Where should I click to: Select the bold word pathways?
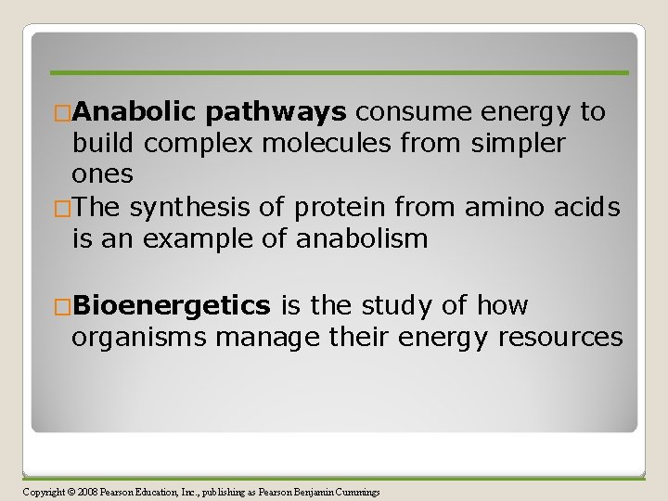[x=276, y=112]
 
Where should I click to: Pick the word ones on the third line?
[x=102, y=174]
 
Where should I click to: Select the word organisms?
[x=138, y=337]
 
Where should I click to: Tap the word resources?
[x=560, y=337]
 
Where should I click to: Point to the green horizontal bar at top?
[x=339, y=72]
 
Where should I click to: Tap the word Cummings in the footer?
[x=354, y=492]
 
